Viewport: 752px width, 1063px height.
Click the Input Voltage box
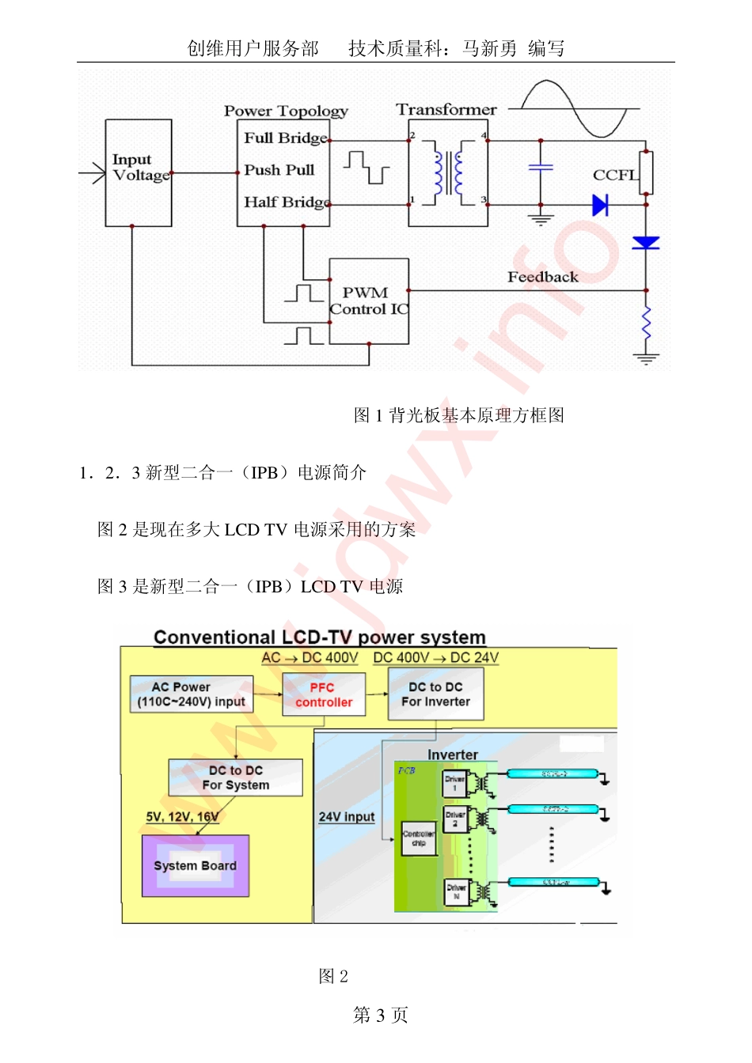point(139,172)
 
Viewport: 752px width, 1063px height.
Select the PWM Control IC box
point(369,301)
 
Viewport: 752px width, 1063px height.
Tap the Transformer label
point(446,110)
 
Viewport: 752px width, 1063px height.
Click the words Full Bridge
point(286,138)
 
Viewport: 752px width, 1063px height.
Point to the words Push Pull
point(279,170)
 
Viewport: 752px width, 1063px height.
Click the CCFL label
point(614,175)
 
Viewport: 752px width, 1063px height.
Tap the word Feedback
point(542,277)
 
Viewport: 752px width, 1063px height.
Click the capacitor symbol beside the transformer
point(541,168)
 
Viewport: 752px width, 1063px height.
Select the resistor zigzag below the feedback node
point(646,322)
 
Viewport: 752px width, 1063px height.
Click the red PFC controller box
point(324,694)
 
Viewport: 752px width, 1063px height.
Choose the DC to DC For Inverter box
point(435,694)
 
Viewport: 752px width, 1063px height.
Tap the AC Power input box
point(191,694)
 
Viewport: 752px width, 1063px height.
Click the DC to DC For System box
point(235,777)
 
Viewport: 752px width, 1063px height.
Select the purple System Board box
point(196,865)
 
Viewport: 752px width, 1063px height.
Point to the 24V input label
point(346,817)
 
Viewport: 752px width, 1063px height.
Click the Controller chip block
point(418,838)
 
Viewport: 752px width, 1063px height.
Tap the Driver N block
point(456,891)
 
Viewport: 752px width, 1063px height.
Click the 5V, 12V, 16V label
point(182,817)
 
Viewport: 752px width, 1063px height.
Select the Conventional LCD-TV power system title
point(319,637)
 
